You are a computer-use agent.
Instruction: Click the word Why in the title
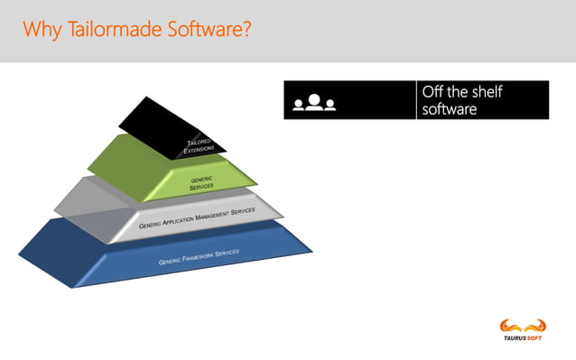click(x=40, y=30)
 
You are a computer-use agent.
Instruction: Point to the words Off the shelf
click(x=462, y=92)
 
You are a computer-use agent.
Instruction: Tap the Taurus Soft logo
click(x=524, y=328)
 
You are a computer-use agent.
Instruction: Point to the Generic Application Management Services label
click(x=197, y=218)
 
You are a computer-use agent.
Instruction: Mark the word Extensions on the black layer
click(x=199, y=150)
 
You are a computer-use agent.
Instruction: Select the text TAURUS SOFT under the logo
click(x=524, y=339)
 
